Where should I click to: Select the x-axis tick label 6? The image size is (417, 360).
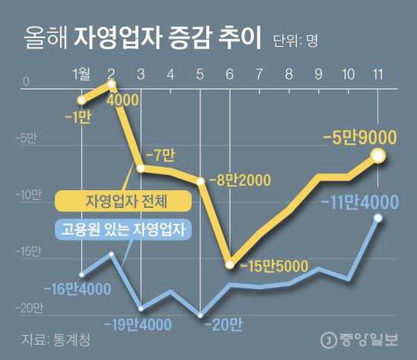229,74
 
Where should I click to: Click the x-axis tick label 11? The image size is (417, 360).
378,74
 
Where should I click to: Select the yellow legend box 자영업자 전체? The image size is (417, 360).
124,200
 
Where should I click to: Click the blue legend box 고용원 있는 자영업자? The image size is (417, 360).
124,228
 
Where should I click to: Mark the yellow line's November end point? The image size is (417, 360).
378,155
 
